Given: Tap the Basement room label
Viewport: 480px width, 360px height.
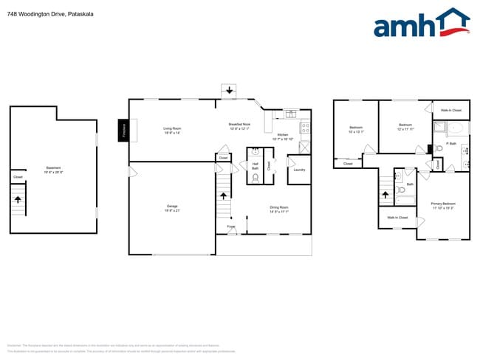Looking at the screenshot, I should coord(54,167).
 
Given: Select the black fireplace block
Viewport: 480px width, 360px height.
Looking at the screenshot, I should coord(123,131).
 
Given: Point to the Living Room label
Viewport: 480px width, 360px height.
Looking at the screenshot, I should coord(173,130).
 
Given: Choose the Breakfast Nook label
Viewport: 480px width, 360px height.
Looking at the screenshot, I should coord(240,125).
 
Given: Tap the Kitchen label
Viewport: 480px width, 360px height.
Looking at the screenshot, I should coord(283,136).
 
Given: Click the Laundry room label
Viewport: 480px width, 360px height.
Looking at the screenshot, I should coord(299,170).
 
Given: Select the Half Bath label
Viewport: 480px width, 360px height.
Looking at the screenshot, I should coord(255,166).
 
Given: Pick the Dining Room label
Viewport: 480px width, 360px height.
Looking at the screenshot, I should coord(278,209).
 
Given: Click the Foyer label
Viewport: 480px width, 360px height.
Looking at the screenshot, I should coord(231,227).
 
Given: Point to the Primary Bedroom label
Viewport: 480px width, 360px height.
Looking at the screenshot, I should coord(444,204).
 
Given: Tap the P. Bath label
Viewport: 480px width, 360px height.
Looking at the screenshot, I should coord(452,144).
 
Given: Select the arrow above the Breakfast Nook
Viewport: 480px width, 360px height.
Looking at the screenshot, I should coord(230,91).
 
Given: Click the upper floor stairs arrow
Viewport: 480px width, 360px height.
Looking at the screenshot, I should coord(385,195).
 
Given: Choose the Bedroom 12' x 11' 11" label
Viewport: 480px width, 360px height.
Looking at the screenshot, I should coord(405,126).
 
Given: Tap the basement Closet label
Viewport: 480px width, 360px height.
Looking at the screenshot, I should coord(18,177).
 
